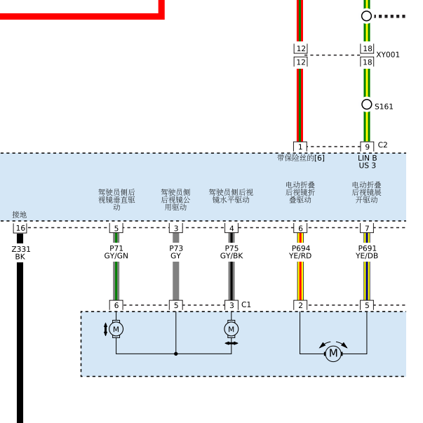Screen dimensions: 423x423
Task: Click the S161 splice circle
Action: coord(367,105)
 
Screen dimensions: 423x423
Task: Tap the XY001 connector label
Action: coord(388,55)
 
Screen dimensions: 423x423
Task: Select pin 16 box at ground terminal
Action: coord(20,228)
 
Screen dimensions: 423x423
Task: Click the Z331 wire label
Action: coord(21,249)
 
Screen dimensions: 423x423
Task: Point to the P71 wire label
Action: coord(116,248)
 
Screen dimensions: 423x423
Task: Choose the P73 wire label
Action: coord(176,248)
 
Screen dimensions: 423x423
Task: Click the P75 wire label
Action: coord(231,248)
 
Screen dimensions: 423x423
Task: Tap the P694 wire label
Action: coord(301,248)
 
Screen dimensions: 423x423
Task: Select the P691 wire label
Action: coord(367,248)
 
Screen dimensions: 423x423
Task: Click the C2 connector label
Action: coord(382,145)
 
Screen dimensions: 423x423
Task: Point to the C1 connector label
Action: coord(246,304)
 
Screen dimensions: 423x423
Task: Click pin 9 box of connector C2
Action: coord(367,147)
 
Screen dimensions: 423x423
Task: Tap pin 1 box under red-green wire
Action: coord(300,147)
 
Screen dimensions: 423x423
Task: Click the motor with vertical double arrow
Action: coord(116,329)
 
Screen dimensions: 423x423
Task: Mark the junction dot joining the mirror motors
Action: coord(176,354)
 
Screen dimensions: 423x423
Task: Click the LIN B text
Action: coord(367,158)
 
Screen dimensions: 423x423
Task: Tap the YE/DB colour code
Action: coord(367,256)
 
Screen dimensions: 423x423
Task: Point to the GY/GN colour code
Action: coord(116,256)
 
